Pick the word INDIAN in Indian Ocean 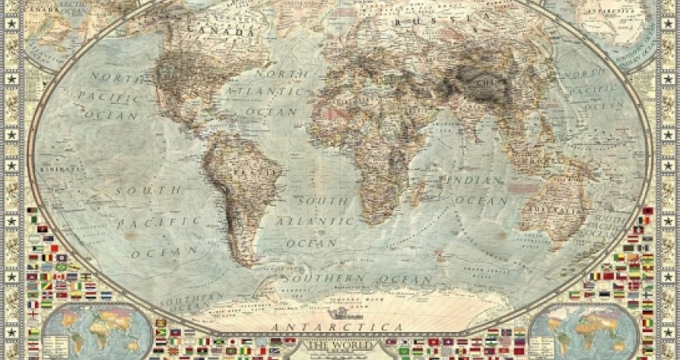coord(475,181)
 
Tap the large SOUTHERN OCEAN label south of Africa coord(357,278)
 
